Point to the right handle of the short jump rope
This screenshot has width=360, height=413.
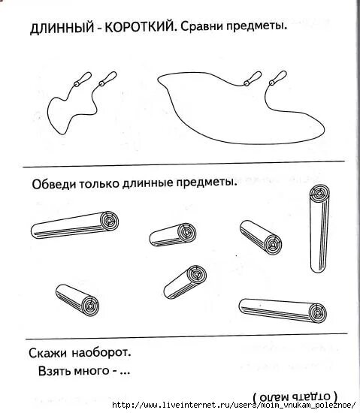pyautogui.click(x=108, y=79)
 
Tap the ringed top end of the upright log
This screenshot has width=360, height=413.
pyautogui.click(x=319, y=194)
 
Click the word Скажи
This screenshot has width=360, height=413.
pyautogui.click(x=51, y=352)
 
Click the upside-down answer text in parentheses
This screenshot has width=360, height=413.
pyautogui.click(x=295, y=396)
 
